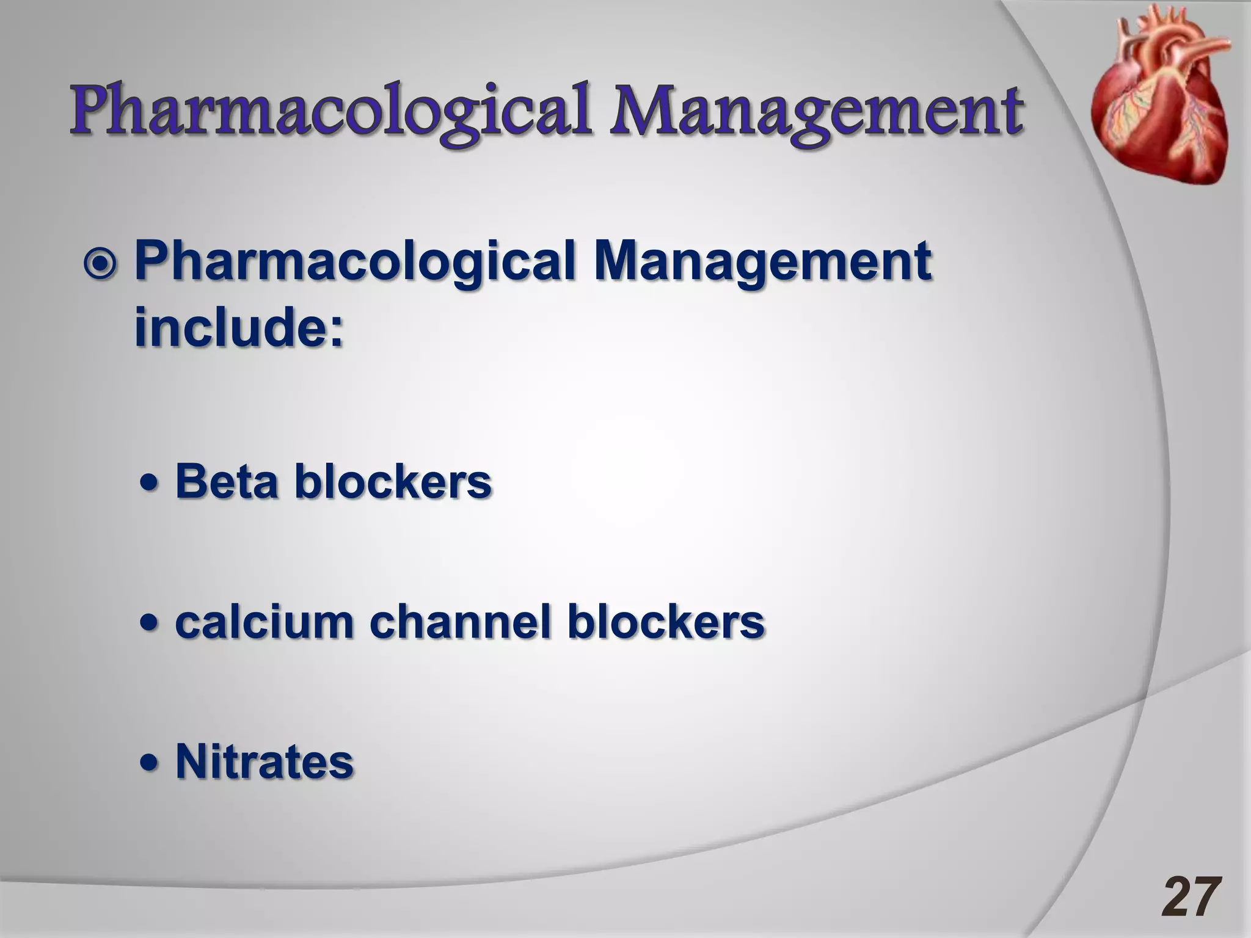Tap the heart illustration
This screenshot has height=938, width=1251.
1158,98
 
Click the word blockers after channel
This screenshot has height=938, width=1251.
666,622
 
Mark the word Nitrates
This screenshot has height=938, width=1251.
264,762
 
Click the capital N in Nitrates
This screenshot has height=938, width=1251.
191,762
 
